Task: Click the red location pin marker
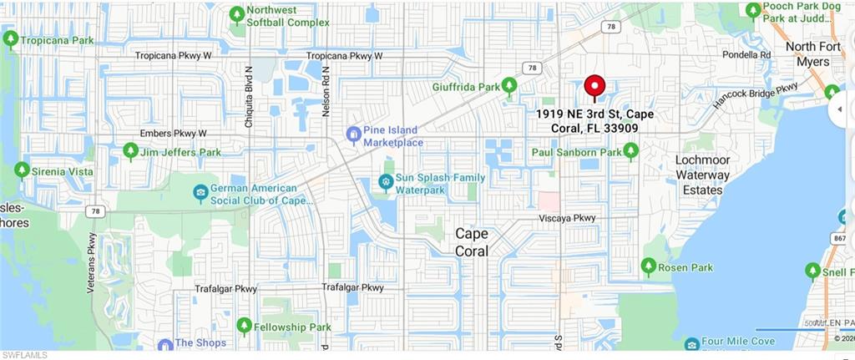594,87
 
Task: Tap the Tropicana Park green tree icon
11,39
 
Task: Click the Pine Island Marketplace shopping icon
353,134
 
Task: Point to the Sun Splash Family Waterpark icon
385,180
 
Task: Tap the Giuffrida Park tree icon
509,85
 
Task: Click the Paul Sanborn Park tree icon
630,151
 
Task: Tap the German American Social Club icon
200,194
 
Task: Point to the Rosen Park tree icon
648,266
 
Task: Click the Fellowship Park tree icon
244,326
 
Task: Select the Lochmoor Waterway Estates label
702,175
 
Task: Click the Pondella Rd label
747,54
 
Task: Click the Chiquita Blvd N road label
248,96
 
